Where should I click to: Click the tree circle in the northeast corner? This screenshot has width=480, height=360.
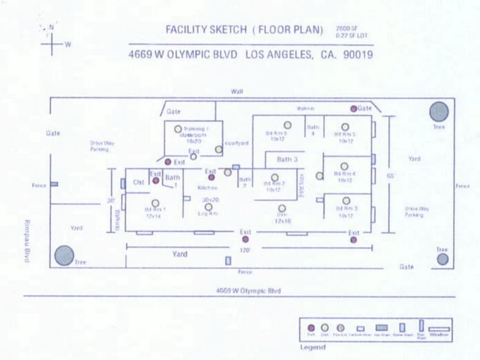[x=438, y=111]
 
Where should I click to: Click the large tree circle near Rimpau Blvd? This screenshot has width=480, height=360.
[x=64, y=255]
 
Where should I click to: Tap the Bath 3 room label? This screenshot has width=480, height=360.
[x=287, y=159]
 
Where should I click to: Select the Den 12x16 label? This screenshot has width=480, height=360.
[x=282, y=217]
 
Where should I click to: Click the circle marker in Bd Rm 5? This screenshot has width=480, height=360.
[x=345, y=127]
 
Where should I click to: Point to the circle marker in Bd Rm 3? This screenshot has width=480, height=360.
[x=347, y=201]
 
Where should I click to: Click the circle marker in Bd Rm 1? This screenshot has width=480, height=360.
[x=156, y=203]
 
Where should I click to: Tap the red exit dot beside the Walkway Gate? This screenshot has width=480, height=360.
[x=353, y=108]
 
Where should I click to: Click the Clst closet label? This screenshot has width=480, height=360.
[x=138, y=182]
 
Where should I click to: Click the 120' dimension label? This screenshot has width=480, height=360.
[x=246, y=250]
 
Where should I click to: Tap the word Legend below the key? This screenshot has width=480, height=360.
[x=313, y=347]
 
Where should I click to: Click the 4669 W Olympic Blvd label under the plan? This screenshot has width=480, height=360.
[x=249, y=291]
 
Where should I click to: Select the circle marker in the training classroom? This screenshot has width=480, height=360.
[x=178, y=129]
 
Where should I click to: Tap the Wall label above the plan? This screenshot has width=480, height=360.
[x=237, y=91]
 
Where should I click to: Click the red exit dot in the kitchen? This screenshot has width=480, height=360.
[x=211, y=178]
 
